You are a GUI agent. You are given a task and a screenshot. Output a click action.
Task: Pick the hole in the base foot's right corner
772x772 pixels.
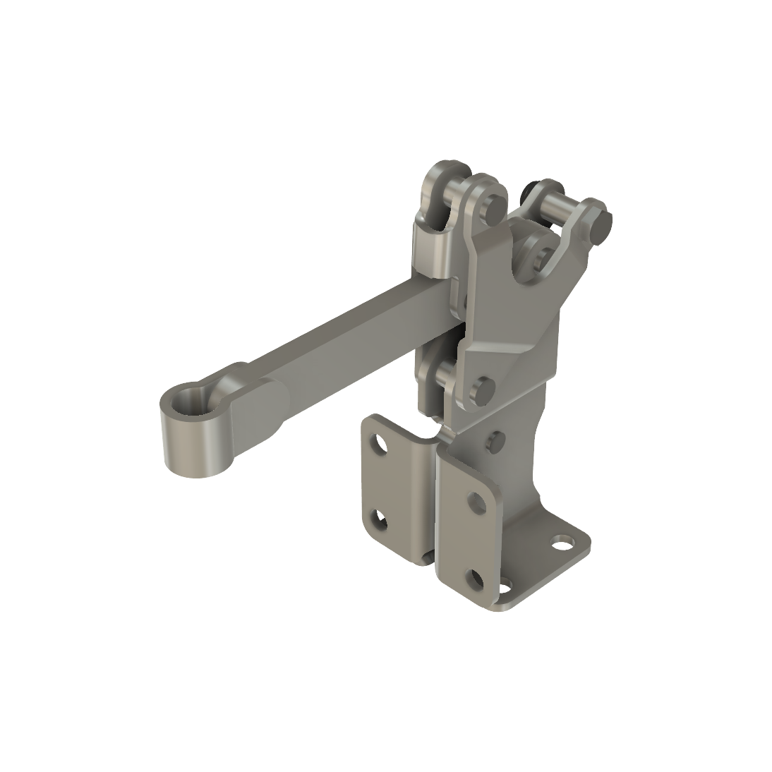(563, 543)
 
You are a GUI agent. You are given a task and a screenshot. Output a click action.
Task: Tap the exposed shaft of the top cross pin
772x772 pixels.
(557, 209)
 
